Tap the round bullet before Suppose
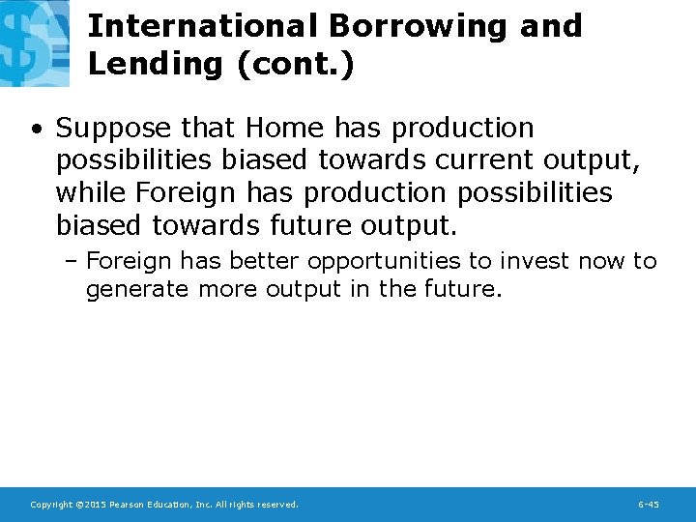(x=35, y=129)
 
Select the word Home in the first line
(x=285, y=128)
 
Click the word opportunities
(x=384, y=261)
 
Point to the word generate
(x=135, y=289)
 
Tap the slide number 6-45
(x=649, y=505)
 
